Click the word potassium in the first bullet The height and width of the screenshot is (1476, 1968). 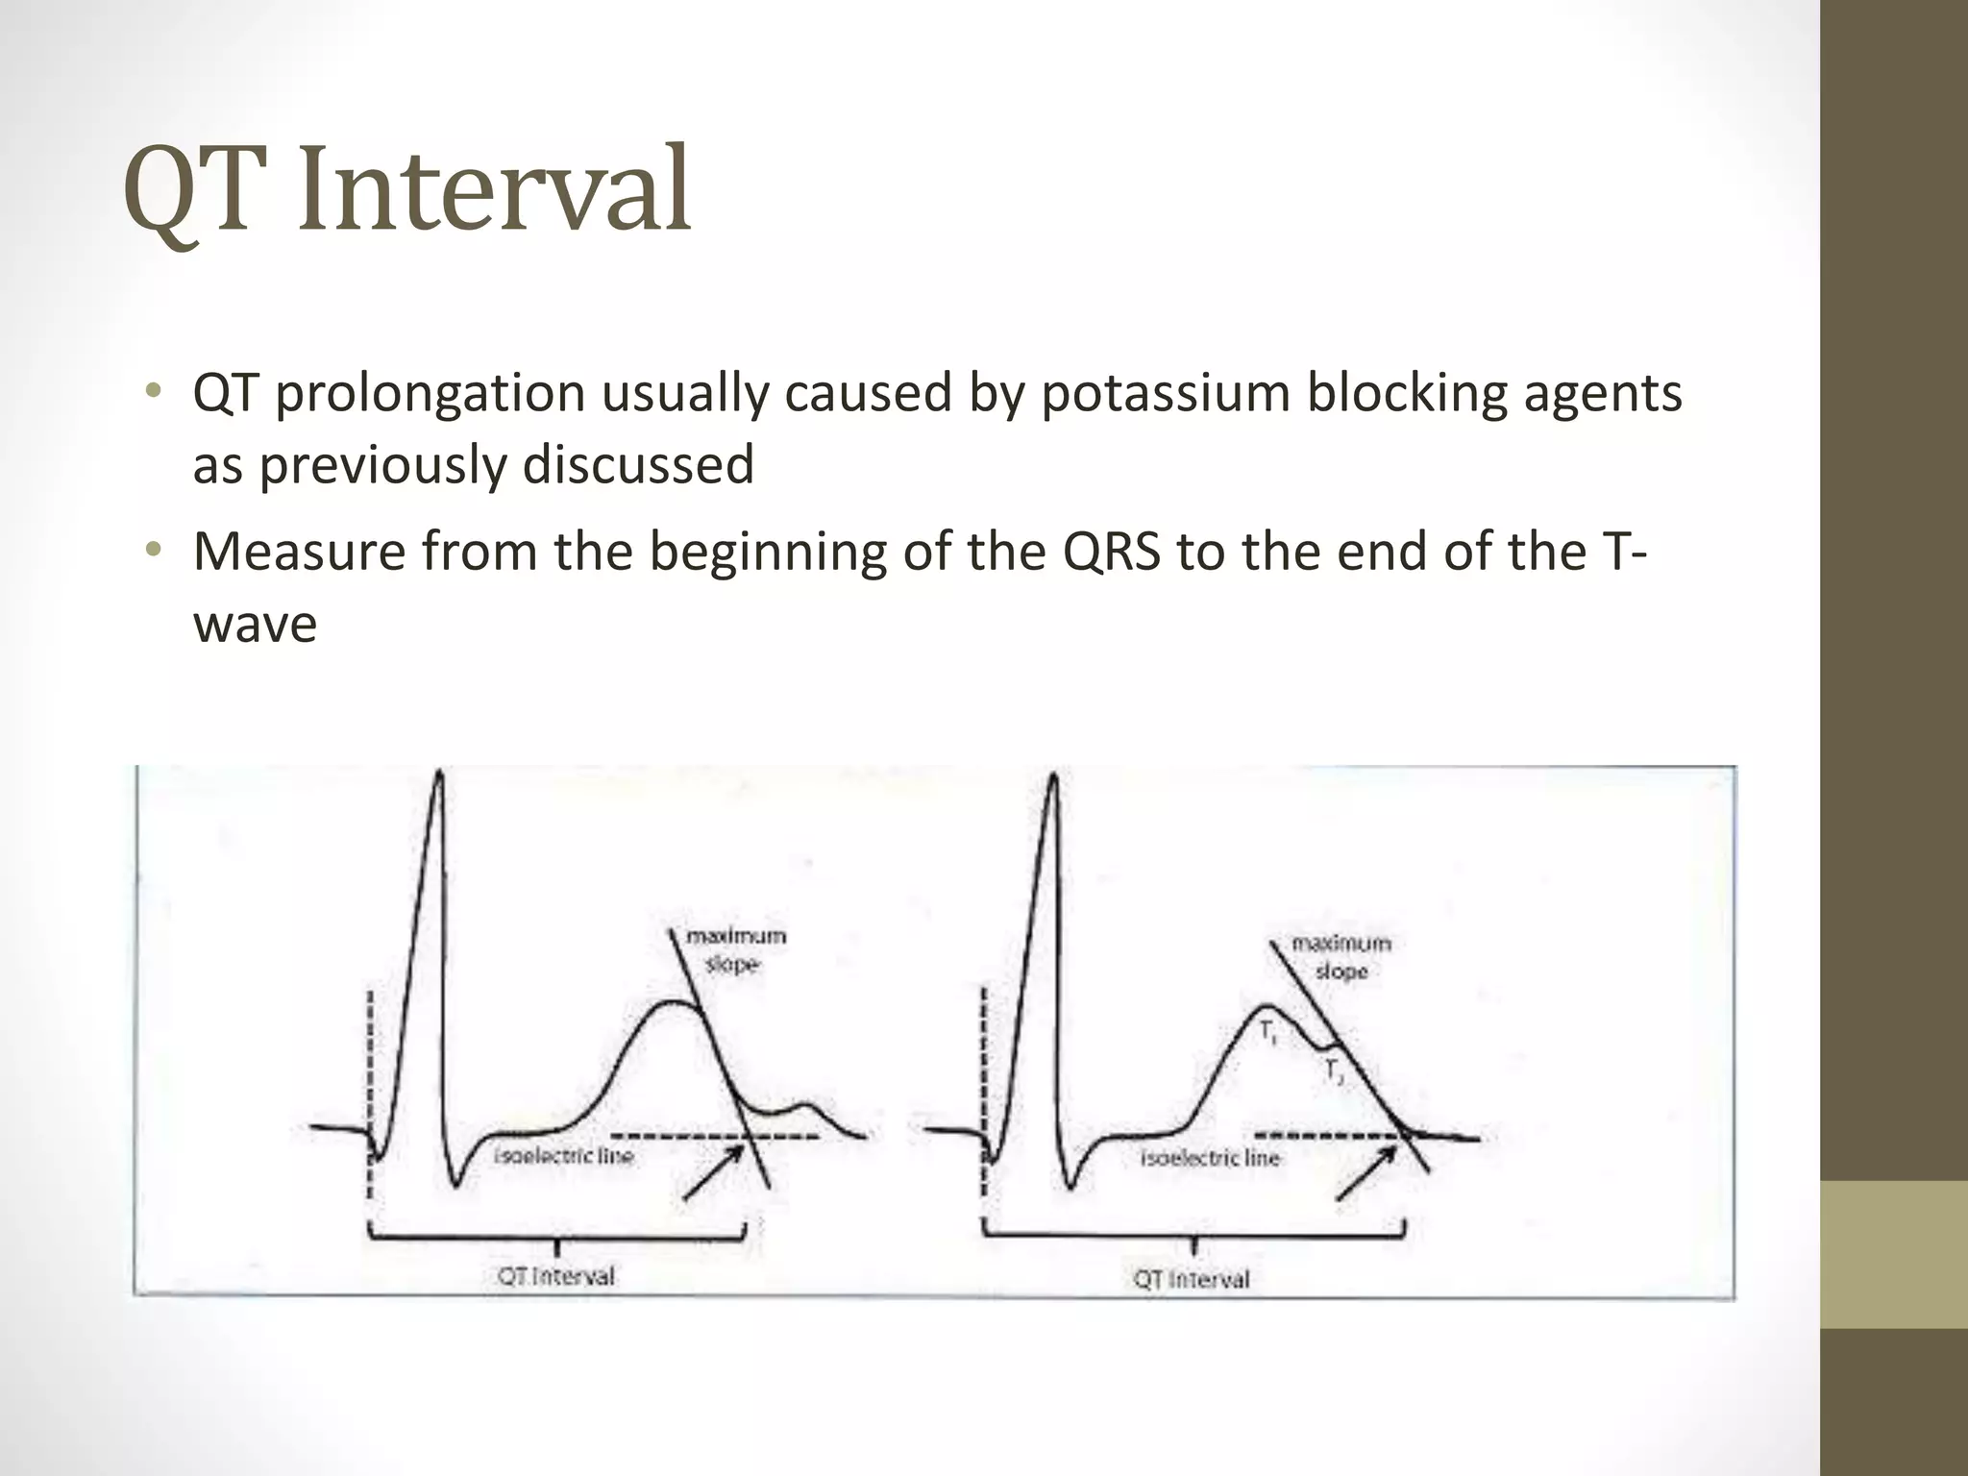pos(1165,394)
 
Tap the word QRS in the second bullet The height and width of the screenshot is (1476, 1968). pos(1112,552)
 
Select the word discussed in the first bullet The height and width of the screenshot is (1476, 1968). pos(638,465)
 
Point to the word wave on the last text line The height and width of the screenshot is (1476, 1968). pos(255,625)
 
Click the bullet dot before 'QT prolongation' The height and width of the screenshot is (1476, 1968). pos(152,393)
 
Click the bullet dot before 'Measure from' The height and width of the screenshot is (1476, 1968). pos(152,551)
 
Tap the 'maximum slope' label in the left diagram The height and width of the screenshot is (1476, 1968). pos(735,949)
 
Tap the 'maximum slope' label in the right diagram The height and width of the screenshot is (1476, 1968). pos(1341,957)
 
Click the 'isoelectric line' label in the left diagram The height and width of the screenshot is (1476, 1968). pos(564,1156)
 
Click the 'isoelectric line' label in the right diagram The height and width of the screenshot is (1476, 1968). pos(1211,1158)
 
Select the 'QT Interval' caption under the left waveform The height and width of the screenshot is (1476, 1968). pos(555,1277)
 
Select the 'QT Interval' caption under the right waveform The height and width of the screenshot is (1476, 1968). pos(1192,1279)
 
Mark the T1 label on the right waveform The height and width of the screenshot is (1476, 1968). pos(1268,1034)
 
